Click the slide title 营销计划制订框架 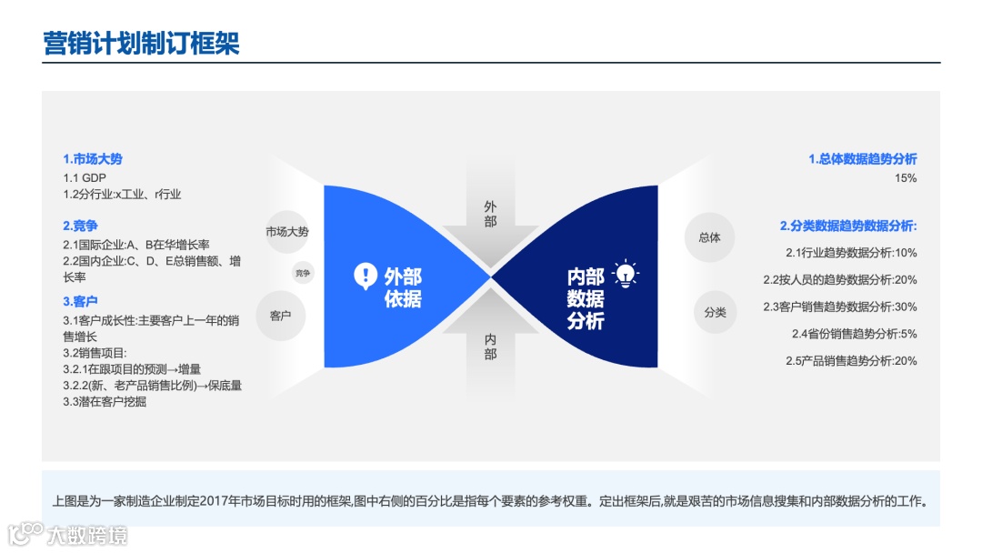pos(142,43)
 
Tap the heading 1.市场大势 pos(93,159)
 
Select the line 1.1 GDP pos(85,177)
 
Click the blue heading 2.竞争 pos(80,226)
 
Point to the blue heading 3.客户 pos(80,301)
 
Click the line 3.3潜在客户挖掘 pos(105,401)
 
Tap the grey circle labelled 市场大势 pos(287,232)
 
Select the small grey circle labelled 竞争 pos(303,272)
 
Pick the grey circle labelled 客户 pos(280,316)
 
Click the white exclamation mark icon pos(365,276)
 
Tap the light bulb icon pos(626,275)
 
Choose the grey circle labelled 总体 pos(709,237)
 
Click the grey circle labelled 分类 pos(716,312)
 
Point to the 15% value pos(906,178)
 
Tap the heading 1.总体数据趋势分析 pos(863,159)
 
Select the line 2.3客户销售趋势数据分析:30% pos(840,307)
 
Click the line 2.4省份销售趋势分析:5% pos(855,334)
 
